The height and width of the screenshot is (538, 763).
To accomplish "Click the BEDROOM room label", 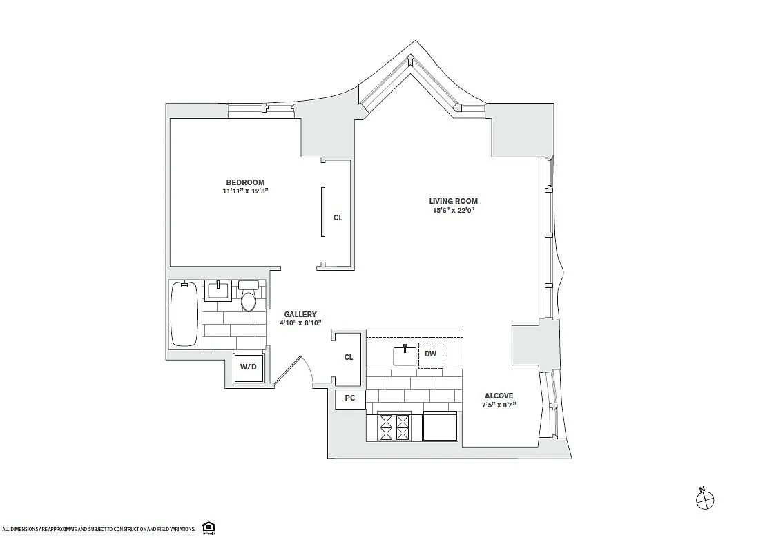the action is [245, 182].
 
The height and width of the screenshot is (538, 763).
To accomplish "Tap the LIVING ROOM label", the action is [453, 200].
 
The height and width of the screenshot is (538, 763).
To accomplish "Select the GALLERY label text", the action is [300, 314].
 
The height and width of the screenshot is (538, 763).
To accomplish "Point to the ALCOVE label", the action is [499, 396].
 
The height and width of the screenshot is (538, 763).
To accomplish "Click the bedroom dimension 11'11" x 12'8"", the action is [245, 191].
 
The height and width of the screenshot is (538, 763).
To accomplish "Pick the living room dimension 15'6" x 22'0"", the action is [453, 211].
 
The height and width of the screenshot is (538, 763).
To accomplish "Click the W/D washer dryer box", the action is [248, 367].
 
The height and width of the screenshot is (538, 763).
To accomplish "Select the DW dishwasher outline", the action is [431, 356].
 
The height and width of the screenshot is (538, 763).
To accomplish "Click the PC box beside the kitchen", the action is [350, 398].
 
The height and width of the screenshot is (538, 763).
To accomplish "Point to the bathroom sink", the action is [218, 291].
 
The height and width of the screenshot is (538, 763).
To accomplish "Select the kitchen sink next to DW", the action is [405, 355].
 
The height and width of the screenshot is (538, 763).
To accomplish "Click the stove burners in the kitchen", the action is [395, 427].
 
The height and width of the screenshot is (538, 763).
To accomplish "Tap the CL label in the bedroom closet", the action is [338, 218].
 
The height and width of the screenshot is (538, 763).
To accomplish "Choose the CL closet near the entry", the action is [349, 357].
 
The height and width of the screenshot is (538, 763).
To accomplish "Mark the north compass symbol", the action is [705, 499].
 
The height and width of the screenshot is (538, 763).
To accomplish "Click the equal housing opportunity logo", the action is [209, 527].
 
